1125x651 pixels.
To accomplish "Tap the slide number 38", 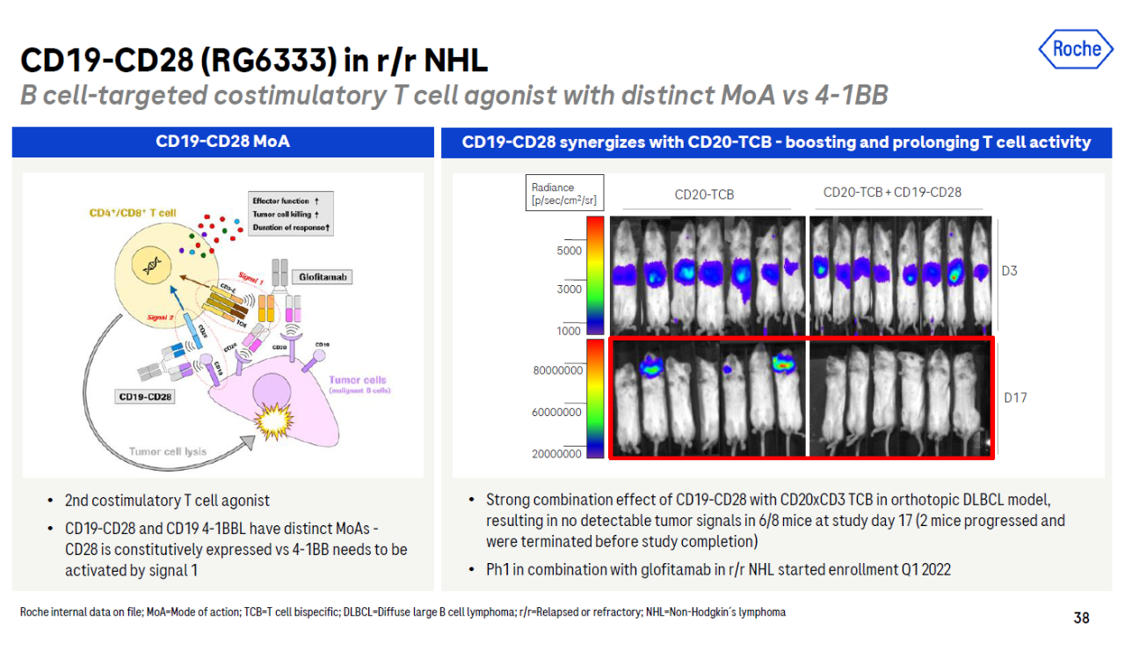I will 1081,618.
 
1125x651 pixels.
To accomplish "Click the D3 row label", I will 1009,271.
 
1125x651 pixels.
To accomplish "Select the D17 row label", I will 1015,398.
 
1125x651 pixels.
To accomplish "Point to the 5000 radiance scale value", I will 569,251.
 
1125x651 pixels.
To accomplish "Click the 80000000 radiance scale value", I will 557,370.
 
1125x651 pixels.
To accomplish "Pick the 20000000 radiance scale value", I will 557,454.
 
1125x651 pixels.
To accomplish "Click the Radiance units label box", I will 563,194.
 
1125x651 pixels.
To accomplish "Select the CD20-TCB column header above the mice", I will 704,194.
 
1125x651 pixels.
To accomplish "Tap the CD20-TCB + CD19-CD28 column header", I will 892,193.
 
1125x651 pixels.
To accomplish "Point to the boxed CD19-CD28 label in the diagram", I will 146,397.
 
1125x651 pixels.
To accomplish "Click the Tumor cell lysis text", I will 168,451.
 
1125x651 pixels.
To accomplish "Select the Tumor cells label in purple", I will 358,381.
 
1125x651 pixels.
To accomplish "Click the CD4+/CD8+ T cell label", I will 133,213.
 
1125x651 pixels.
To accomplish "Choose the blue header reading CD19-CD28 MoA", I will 222,142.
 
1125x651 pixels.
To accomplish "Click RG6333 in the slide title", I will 266,61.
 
